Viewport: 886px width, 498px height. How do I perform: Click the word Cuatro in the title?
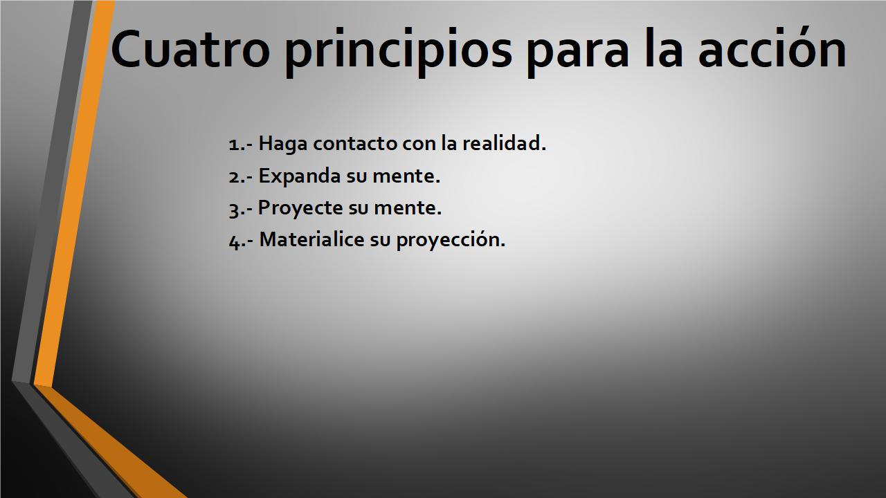(x=190, y=48)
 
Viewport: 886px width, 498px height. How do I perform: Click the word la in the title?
(x=663, y=48)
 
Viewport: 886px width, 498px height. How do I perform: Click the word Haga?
(x=283, y=144)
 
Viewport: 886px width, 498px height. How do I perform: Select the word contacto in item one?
(x=355, y=143)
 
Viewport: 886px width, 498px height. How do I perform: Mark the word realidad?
(x=505, y=142)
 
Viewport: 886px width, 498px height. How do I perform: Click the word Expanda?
(x=300, y=176)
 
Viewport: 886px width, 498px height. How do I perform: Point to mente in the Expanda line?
(x=406, y=176)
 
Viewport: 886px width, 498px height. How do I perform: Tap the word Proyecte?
(x=300, y=209)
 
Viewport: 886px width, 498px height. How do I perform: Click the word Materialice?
(x=311, y=239)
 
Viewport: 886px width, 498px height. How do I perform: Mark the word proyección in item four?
(x=451, y=240)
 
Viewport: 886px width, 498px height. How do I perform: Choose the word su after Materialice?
(x=381, y=241)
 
